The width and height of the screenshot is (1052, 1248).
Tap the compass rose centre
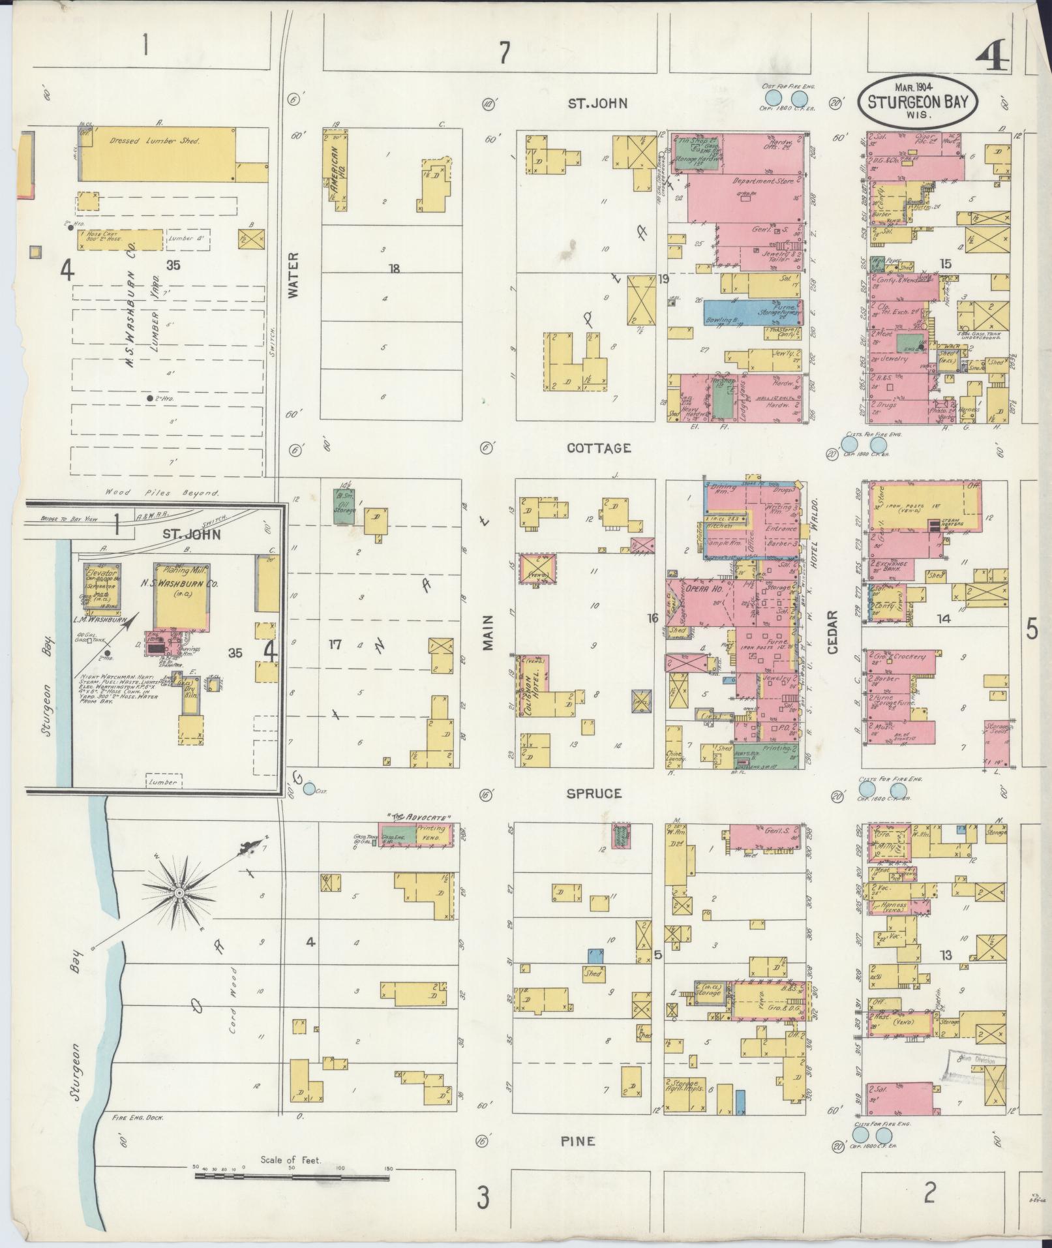177,892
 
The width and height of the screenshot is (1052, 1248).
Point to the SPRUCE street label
594,793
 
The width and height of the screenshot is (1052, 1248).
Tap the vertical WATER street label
292,275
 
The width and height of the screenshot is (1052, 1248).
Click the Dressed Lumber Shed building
163,148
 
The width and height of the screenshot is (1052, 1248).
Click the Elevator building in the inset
102,579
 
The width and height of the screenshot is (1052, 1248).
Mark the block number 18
393,268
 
